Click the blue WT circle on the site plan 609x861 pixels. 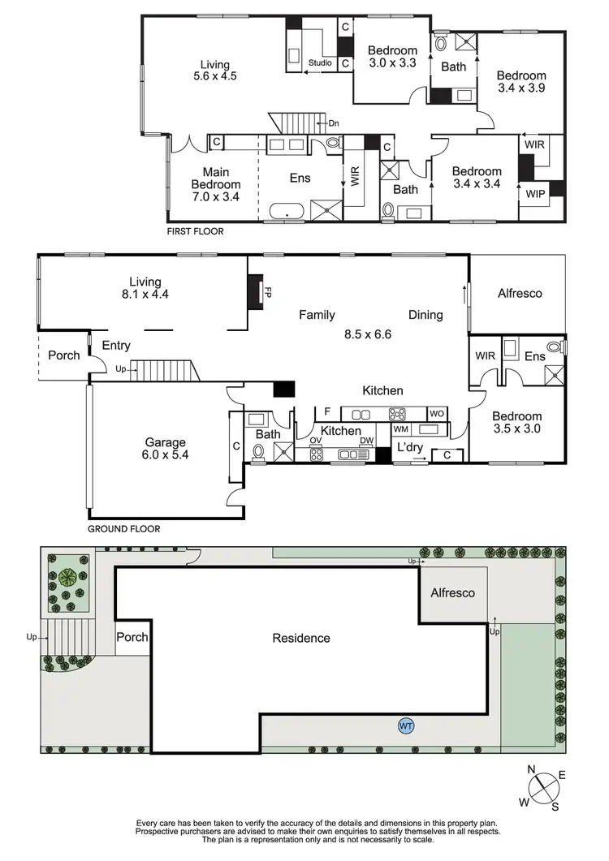coord(405,725)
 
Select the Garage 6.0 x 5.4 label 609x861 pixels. coord(166,449)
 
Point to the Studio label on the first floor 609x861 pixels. coord(321,62)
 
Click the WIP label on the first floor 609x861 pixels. coord(535,195)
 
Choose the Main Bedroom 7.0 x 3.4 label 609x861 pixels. coord(216,185)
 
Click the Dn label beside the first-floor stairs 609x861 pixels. coord(334,123)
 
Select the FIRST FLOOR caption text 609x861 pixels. coord(195,231)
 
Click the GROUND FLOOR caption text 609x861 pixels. coord(124,528)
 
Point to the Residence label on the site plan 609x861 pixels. coord(301,638)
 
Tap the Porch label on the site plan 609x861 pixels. coord(132,637)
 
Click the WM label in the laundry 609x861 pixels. coord(400,428)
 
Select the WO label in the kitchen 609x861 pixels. coord(437,413)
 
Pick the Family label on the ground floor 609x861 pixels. coord(317,315)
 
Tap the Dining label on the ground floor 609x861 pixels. coord(425,315)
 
